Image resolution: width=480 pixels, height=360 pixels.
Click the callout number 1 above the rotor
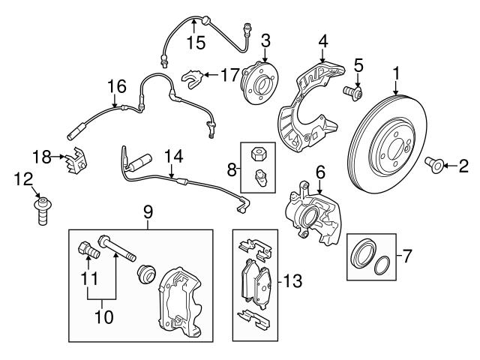point(395,73)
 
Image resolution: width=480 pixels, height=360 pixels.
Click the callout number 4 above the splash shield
point(322,40)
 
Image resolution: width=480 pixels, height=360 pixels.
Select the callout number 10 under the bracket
point(104,316)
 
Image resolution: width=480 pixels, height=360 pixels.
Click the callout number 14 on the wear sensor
point(173,157)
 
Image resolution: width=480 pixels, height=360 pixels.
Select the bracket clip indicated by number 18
point(76,159)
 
